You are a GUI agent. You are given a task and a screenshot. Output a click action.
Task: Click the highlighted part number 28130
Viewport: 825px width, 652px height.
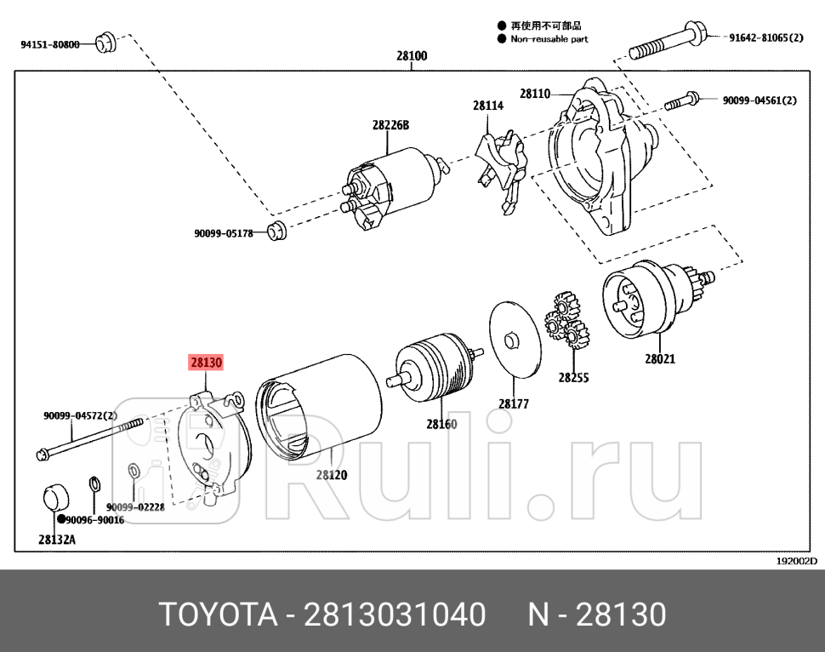pyautogui.click(x=206, y=363)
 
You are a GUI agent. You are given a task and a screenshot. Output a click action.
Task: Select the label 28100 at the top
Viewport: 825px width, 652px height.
pyautogui.click(x=412, y=57)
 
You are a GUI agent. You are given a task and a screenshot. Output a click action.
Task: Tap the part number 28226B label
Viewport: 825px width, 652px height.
pyautogui.click(x=390, y=125)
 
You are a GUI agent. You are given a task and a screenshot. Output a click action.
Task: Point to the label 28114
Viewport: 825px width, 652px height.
pyautogui.click(x=488, y=106)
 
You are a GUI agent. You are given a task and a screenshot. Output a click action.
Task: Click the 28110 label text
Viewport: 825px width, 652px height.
pyautogui.click(x=535, y=94)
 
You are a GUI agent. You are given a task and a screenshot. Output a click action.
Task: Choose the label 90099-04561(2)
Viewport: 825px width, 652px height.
pyautogui.click(x=760, y=100)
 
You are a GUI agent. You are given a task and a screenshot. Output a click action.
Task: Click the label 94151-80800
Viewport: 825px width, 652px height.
pyautogui.click(x=50, y=44)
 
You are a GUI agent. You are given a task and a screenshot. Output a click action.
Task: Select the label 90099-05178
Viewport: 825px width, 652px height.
pyautogui.click(x=224, y=233)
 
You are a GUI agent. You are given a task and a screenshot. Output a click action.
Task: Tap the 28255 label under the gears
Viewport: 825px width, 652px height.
pyautogui.click(x=573, y=377)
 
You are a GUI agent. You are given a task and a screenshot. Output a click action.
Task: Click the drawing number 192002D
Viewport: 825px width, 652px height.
pyautogui.click(x=796, y=561)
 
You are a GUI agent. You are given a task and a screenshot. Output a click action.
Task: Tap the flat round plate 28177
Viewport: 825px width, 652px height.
pyautogui.click(x=514, y=340)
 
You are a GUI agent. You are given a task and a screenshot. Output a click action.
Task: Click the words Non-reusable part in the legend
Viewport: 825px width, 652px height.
pyautogui.click(x=549, y=39)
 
